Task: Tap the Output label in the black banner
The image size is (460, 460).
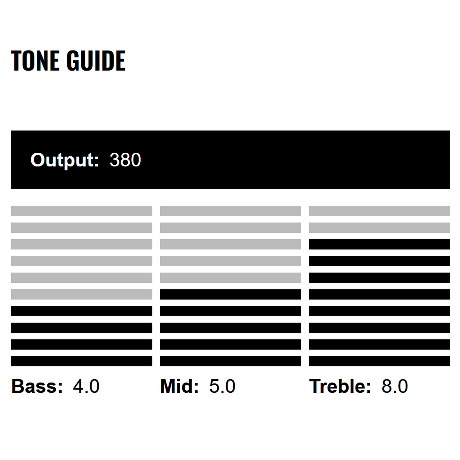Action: tap(65, 160)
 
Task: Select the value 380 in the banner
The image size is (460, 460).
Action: tap(125, 160)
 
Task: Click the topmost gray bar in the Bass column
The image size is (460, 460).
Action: tap(82, 211)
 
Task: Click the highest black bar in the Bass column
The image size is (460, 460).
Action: tap(82, 311)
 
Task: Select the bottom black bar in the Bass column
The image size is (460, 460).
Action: tap(82, 361)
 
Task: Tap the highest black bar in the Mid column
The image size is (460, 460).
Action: tap(231, 294)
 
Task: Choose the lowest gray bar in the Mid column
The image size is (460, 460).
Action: tap(231, 278)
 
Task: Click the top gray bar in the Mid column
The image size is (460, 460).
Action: tap(231, 211)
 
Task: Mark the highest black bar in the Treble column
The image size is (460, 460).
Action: tap(379, 244)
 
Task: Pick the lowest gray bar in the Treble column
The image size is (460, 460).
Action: tap(379, 227)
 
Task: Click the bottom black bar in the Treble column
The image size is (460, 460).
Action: tap(379, 361)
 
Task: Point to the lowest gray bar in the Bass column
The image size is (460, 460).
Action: tap(82, 294)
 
